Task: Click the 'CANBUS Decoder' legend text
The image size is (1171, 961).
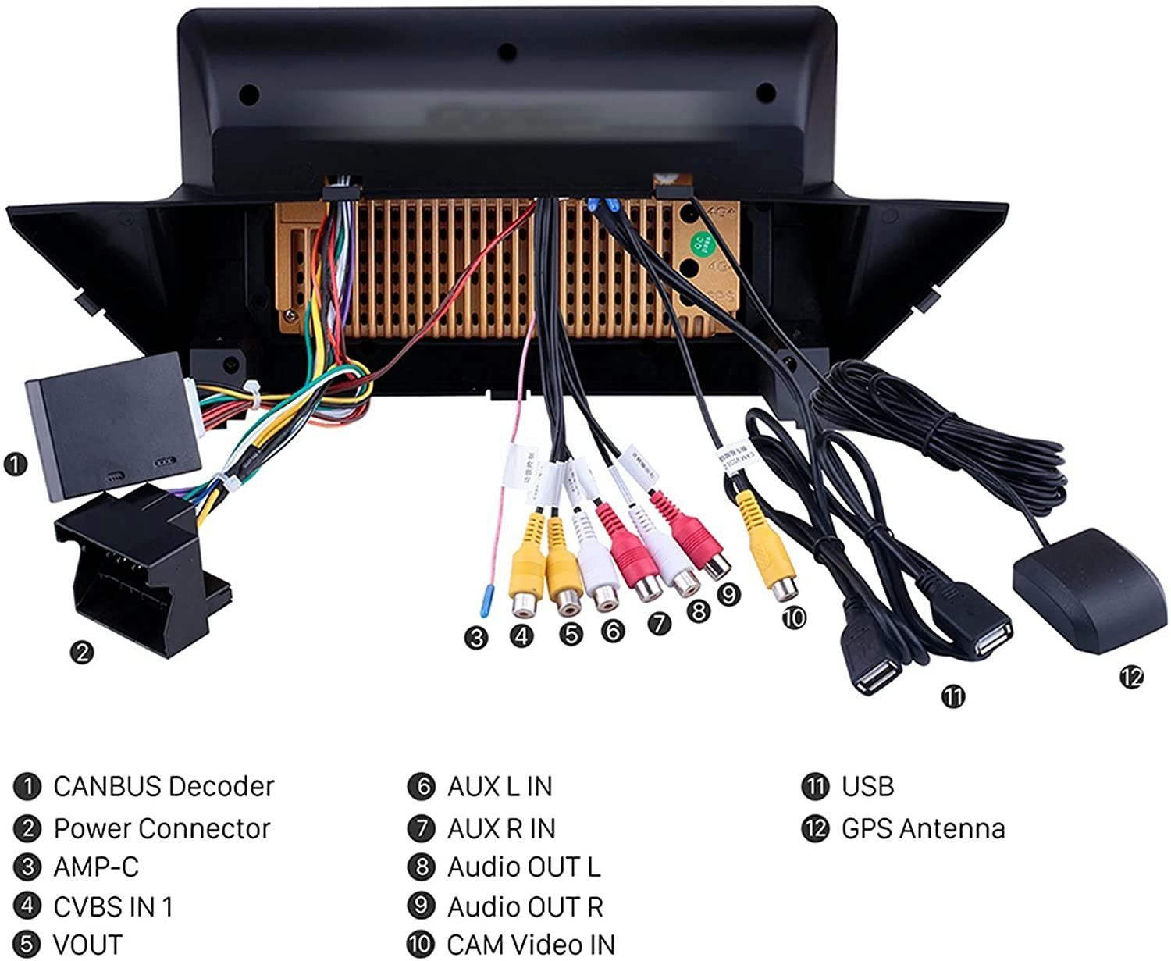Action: point(164,786)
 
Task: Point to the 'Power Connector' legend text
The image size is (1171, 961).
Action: point(162,828)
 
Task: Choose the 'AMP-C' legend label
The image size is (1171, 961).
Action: point(96,867)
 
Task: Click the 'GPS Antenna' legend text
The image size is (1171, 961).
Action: point(923,828)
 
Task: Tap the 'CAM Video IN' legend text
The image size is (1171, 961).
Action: point(531,944)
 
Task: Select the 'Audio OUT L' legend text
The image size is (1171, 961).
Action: point(524,867)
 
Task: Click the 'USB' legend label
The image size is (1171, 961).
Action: point(867,786)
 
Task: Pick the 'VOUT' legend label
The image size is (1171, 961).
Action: point(87,944)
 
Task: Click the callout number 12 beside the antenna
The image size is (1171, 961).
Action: point(1131,678)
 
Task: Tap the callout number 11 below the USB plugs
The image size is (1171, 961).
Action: point(953,696)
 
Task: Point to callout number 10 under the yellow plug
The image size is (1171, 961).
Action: point(793,618)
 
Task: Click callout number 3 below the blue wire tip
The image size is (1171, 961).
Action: point(476,638)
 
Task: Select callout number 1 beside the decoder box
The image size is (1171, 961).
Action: point(15,464)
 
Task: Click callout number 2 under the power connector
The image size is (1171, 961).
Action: point(81,651)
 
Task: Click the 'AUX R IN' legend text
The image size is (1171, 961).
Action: point(501,828)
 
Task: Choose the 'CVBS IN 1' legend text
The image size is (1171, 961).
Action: point(113,906)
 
